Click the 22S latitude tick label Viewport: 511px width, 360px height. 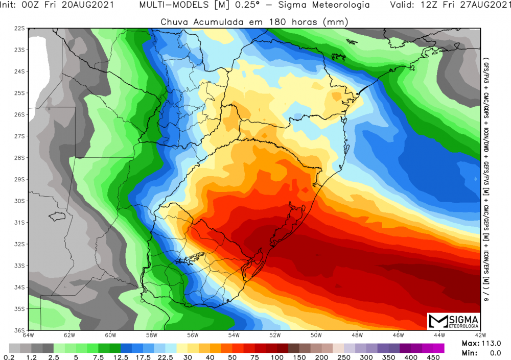click(x=19, y=29)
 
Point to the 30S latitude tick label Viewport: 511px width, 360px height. click(x=19, y=201)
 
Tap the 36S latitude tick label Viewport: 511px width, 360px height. click(x=19, y=330)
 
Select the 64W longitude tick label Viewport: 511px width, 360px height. click(x=29, y=335)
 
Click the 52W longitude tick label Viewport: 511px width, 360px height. click(x=275, y=335)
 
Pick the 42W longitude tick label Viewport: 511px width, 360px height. click(x=480, y=335)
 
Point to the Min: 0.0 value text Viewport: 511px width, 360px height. click(x=475, y=353)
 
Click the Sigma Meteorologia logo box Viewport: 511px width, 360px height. click(x=453, y=321)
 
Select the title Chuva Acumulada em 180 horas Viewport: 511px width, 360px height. click(x=254, y=22)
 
